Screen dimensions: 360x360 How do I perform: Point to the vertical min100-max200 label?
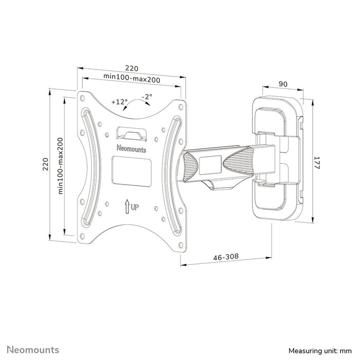point(60,165)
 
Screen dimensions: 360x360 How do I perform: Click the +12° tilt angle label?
point(119,101)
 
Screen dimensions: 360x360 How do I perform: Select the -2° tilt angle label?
point(147,97)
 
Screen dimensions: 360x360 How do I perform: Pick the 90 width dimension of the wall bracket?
point(282,84)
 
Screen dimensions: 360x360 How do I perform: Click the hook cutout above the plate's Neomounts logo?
point(132,133)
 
